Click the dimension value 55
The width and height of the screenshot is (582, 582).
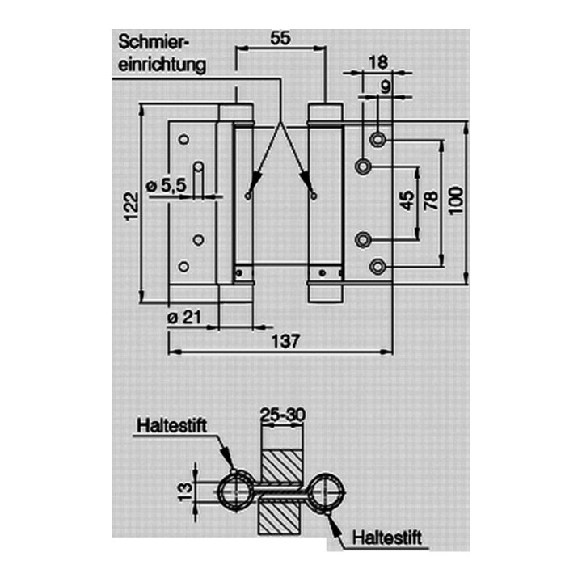click(x=280, y=38)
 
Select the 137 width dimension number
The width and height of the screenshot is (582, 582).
click(x=285, y=341)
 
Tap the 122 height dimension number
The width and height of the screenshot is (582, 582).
click(x=132, y=206)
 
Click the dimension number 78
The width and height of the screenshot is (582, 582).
click(x=432, y=200)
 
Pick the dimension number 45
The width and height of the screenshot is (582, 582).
click(x=407, y=200)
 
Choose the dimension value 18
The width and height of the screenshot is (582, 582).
click(x=377, y=62)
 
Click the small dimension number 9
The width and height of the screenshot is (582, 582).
click(x=386, y=87)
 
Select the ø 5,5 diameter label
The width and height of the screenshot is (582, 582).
click(x=167, y=185)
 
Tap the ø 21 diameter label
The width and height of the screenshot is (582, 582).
click(x=184, y=318)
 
